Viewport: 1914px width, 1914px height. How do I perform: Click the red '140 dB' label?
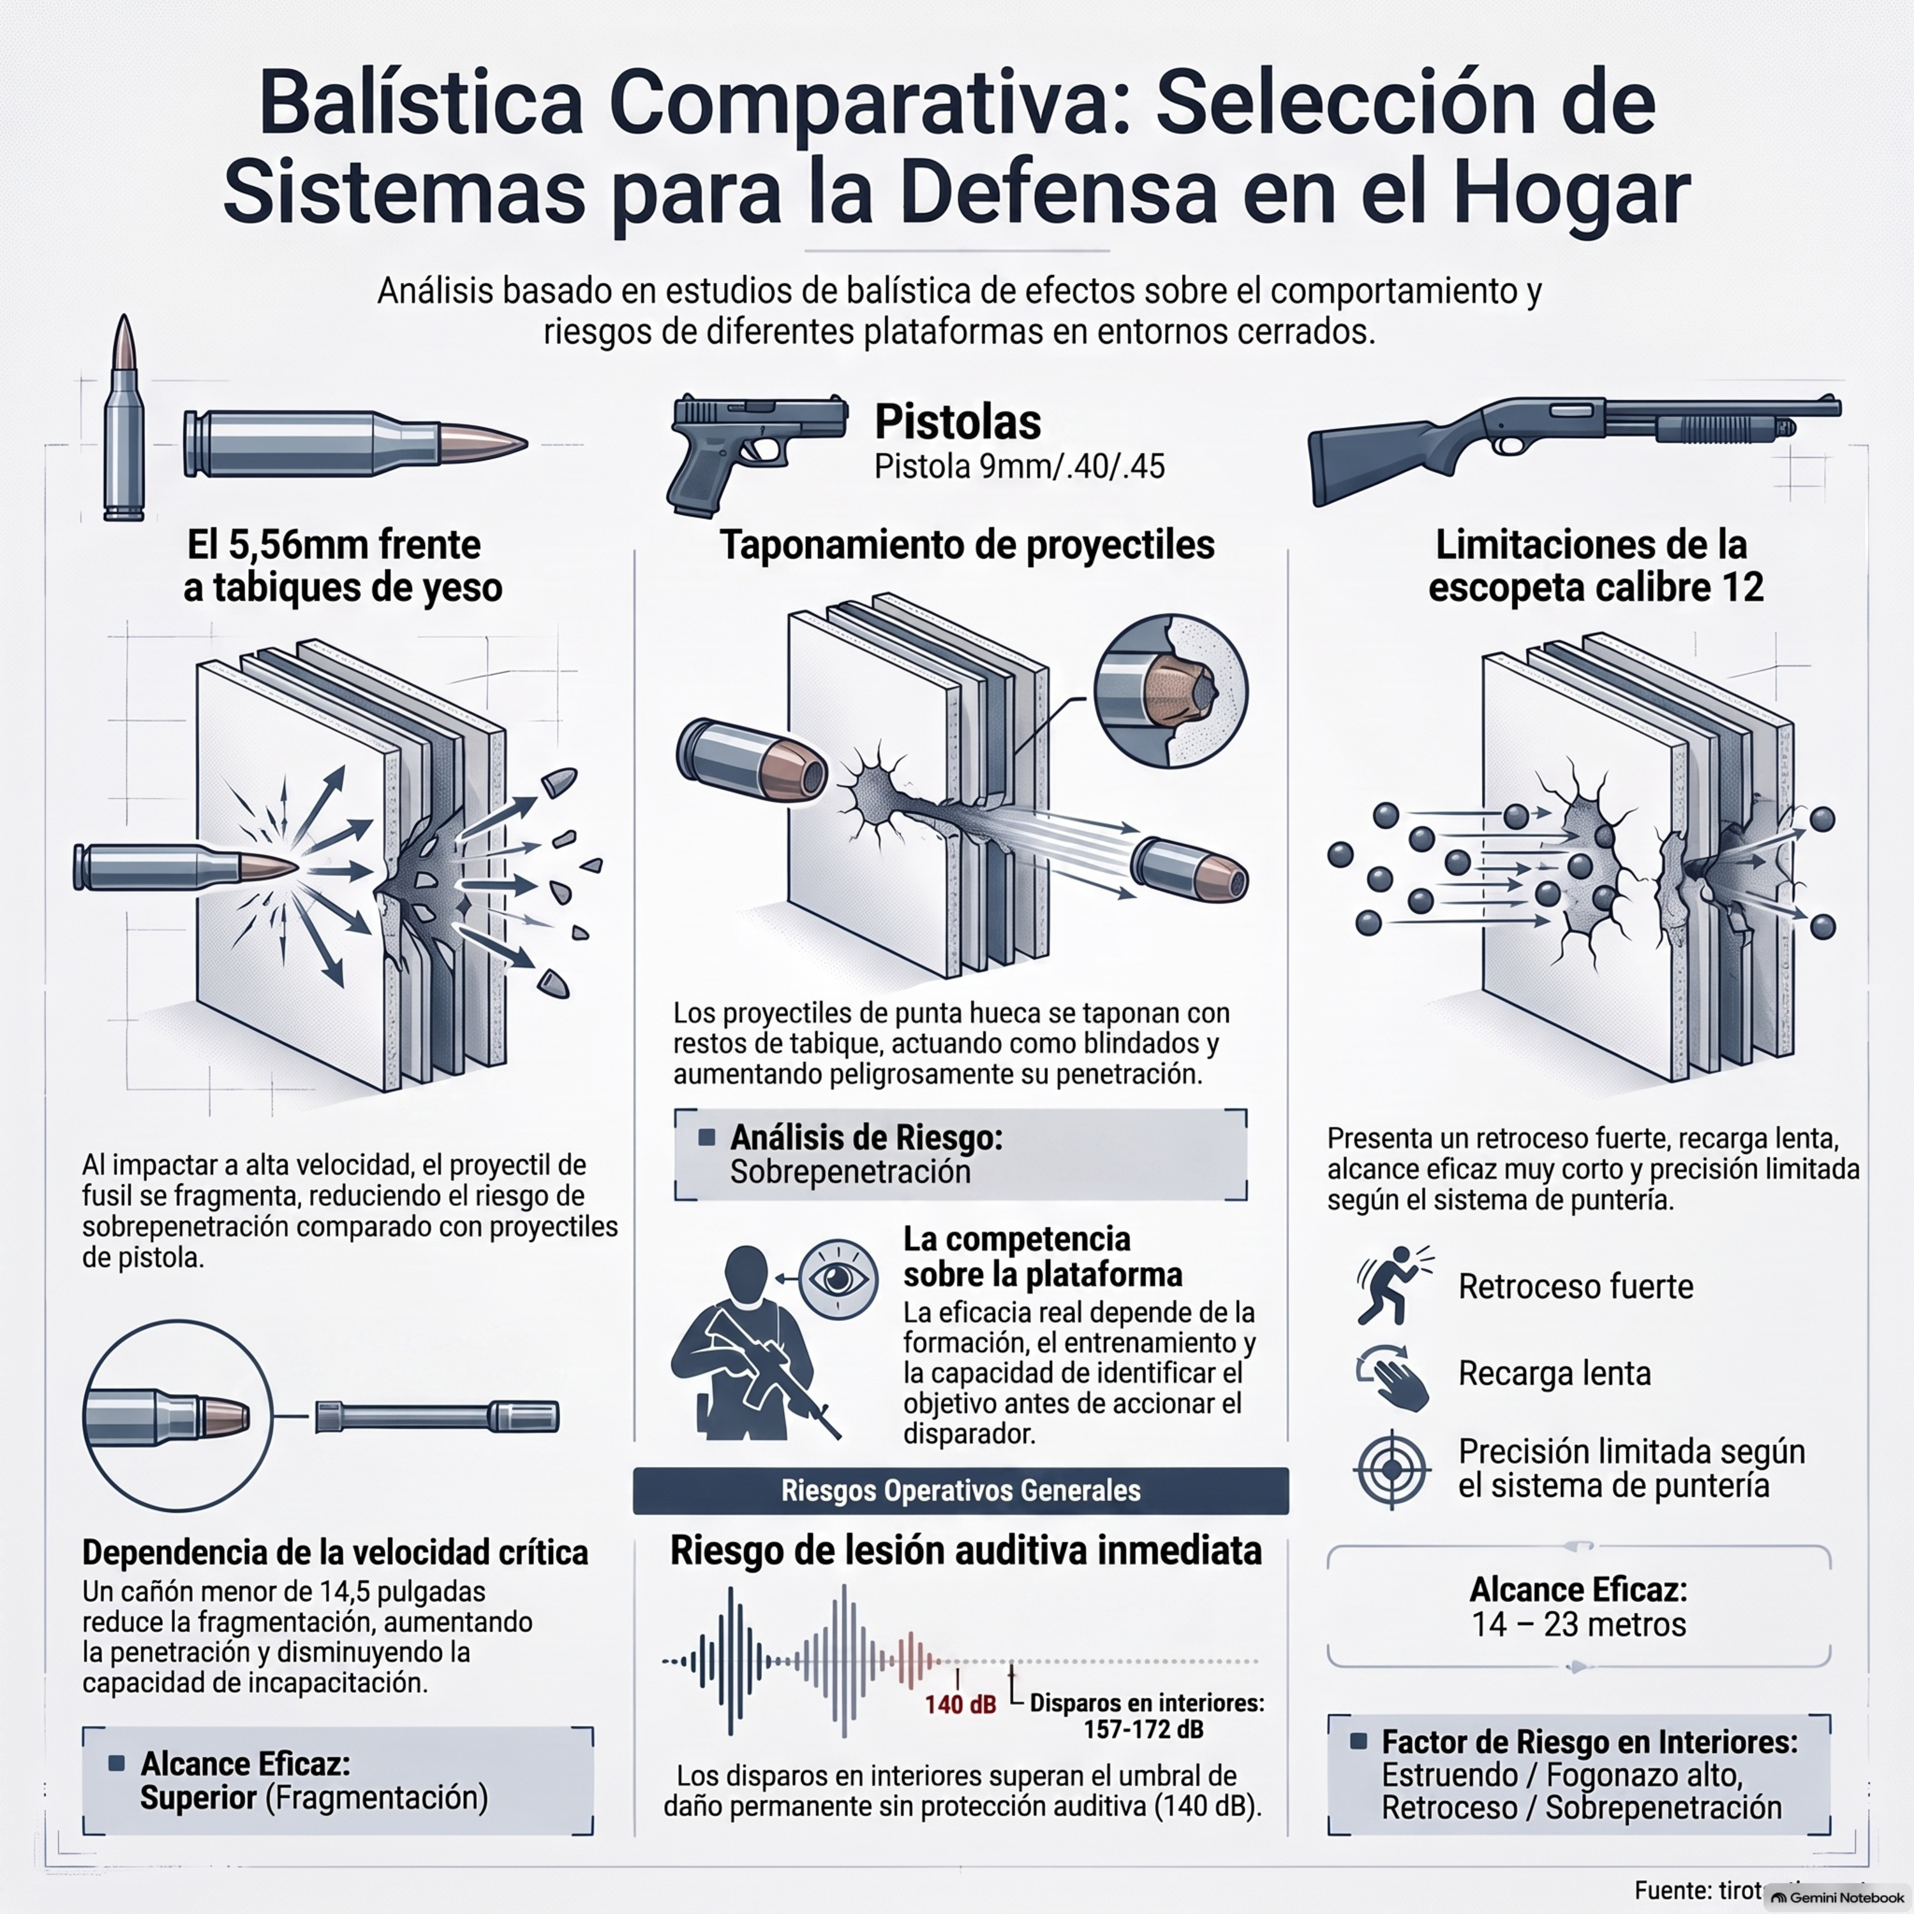click(960, 1705)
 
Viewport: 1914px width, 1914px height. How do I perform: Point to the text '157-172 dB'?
click(1144, 1730)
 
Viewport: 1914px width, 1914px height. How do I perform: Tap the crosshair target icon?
click(1392, 1468)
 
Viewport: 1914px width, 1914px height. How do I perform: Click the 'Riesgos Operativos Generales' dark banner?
click(961, 1491)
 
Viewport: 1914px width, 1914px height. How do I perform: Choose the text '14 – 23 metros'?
click(1578, 1625)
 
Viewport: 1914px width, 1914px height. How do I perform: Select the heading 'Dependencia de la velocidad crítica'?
click(335, 1552)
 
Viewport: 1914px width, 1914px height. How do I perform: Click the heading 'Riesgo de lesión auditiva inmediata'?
click(966, 1550)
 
